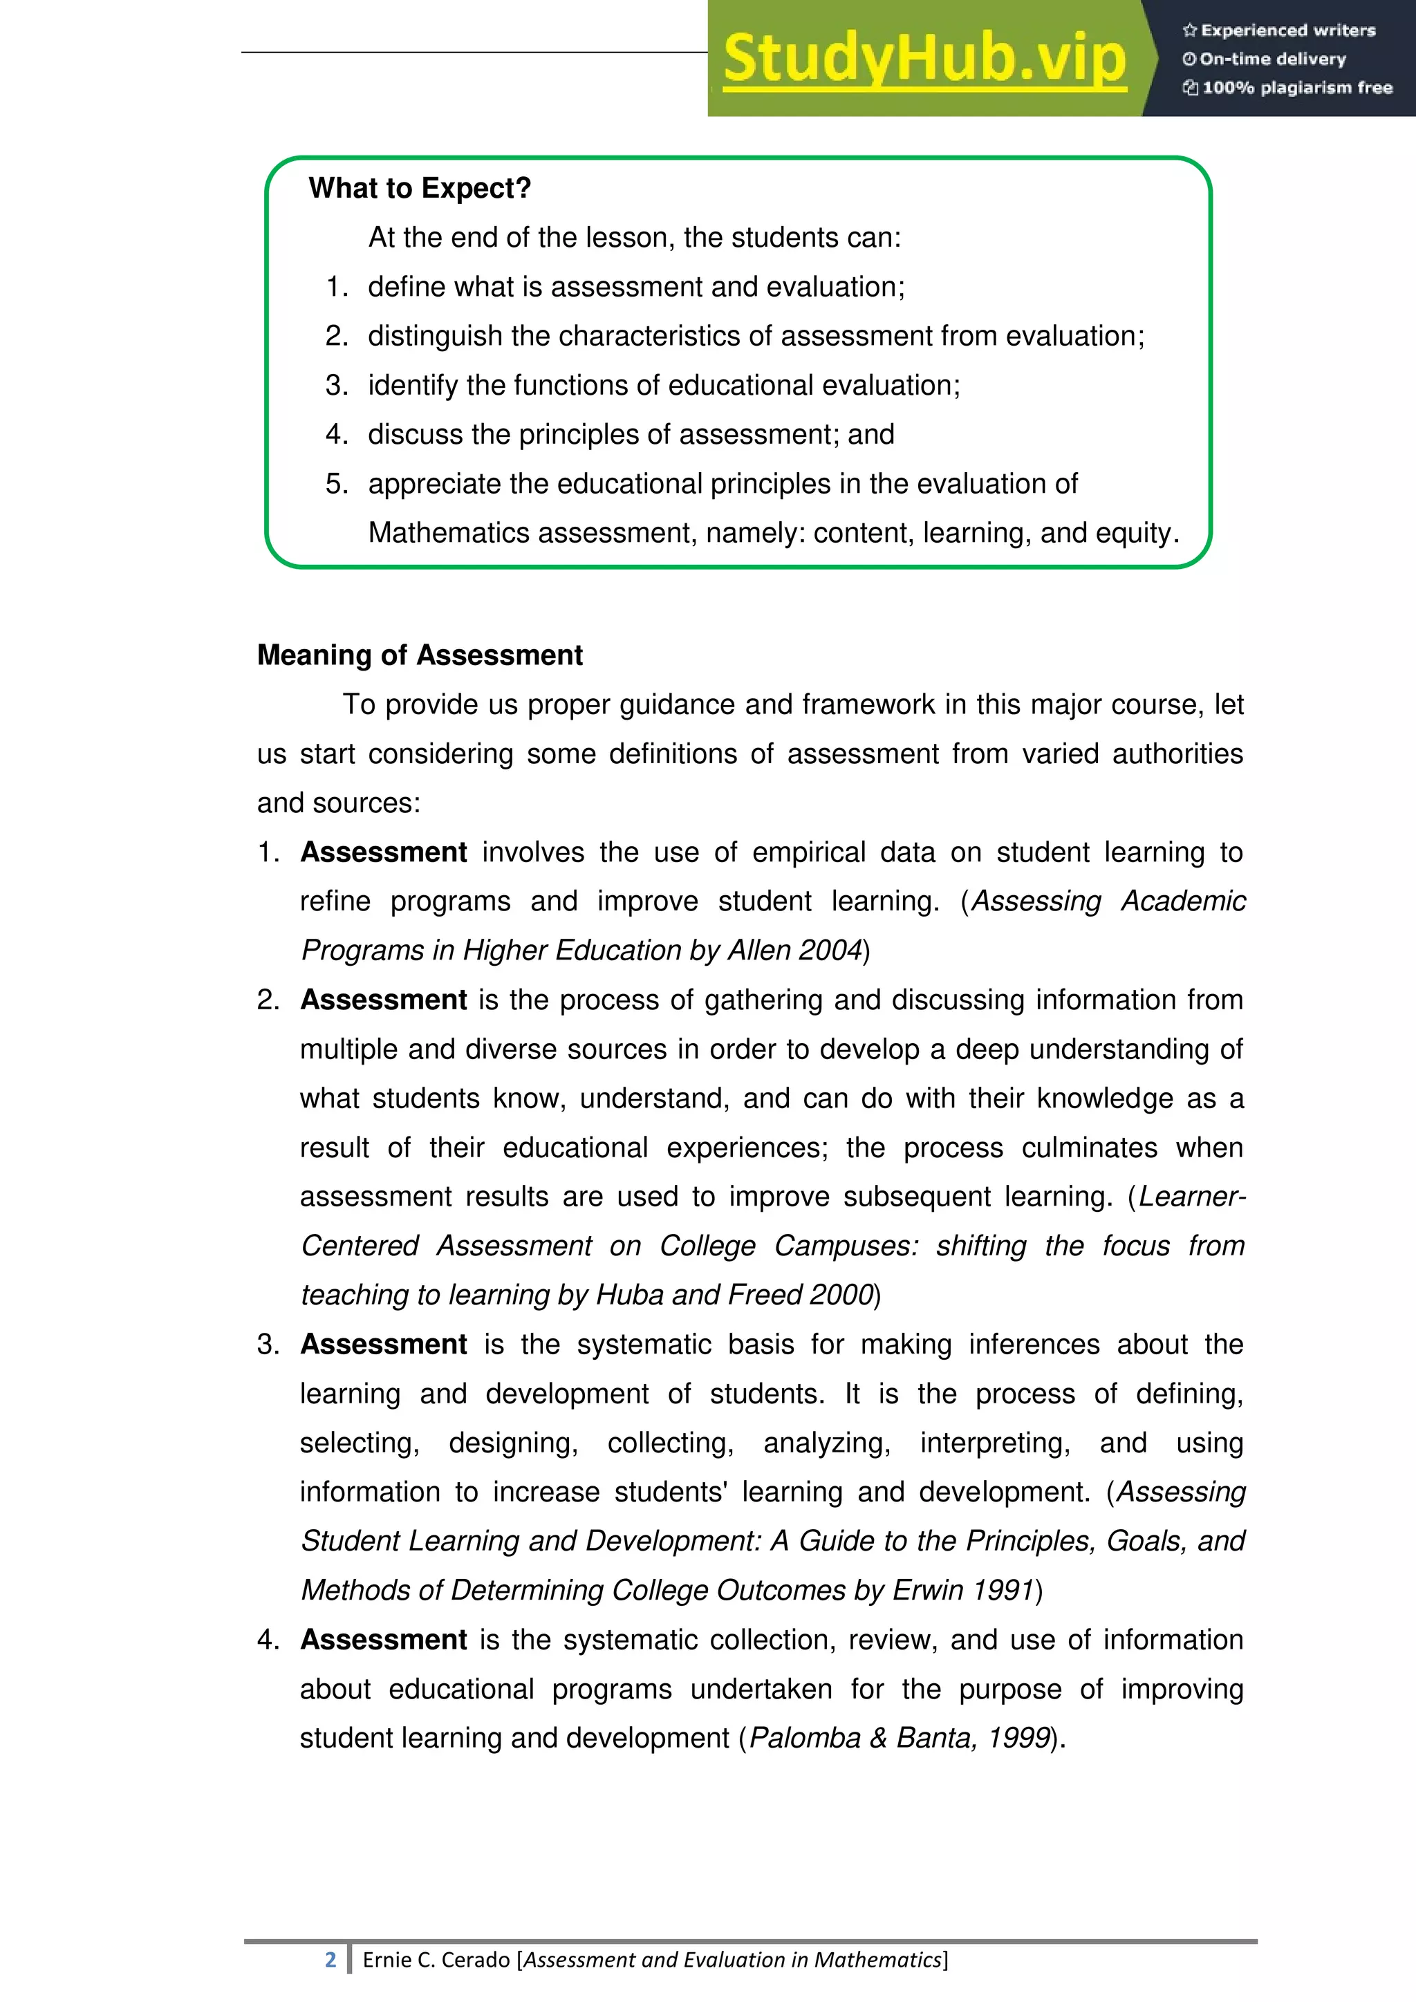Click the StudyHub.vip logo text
924,59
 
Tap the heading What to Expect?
420,188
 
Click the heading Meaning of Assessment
420,655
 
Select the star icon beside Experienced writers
1189,30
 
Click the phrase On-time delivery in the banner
1272,59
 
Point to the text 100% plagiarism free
1296,88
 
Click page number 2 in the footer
330,1959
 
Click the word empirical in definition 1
808,852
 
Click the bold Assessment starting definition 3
384,1345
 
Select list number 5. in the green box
337,484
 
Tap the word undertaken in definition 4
761,1689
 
